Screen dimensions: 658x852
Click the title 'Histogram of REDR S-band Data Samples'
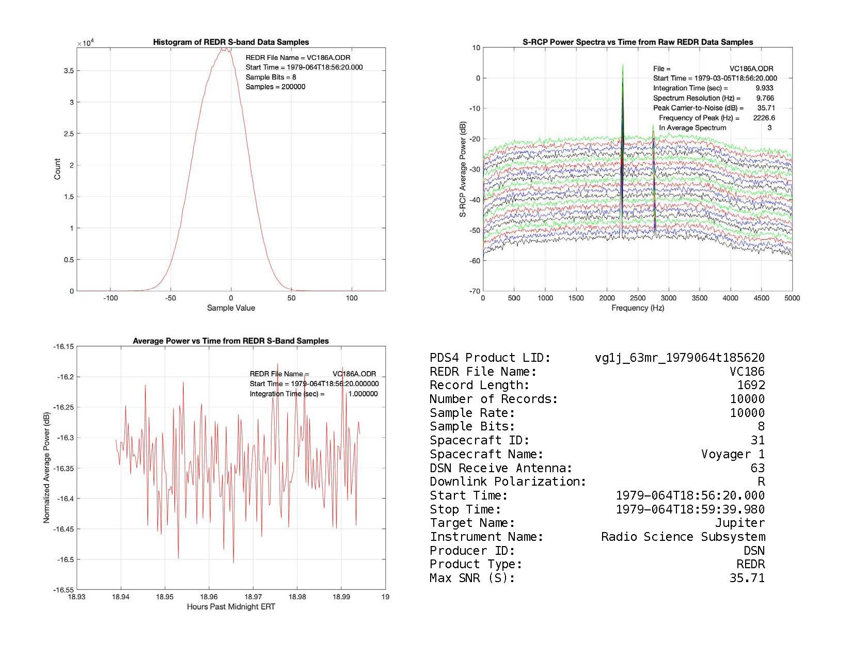[x=231, y=42]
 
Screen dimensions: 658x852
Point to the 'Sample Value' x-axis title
[x=231, y=308]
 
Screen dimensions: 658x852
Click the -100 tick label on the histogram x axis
[x=110, y=298]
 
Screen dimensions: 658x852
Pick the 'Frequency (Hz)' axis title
[x=638, y=308]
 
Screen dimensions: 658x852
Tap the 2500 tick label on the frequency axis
[x=638, y=298]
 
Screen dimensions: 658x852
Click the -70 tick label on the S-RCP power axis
[x=475, y=291]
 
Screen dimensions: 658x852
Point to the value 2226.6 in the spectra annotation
[x=764, y=118]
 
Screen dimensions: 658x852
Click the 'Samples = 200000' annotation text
[x=275, y=87]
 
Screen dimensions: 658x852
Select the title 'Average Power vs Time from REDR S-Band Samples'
[x=231, y=341]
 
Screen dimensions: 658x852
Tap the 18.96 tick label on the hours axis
[x=209, y=597]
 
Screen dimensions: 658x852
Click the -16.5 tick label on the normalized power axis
[x=64, y=559]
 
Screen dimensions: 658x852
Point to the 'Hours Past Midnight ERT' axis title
[x=231, y=607]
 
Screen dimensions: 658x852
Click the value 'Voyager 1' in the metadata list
[x=733, y=455]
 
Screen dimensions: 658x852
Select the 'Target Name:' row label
[x=472, y=523]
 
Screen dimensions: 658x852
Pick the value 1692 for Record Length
[x=751, y=386]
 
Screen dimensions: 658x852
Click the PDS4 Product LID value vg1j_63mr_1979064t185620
[x=680, y=358]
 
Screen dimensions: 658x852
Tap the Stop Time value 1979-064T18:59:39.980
[x=690, y=510]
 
